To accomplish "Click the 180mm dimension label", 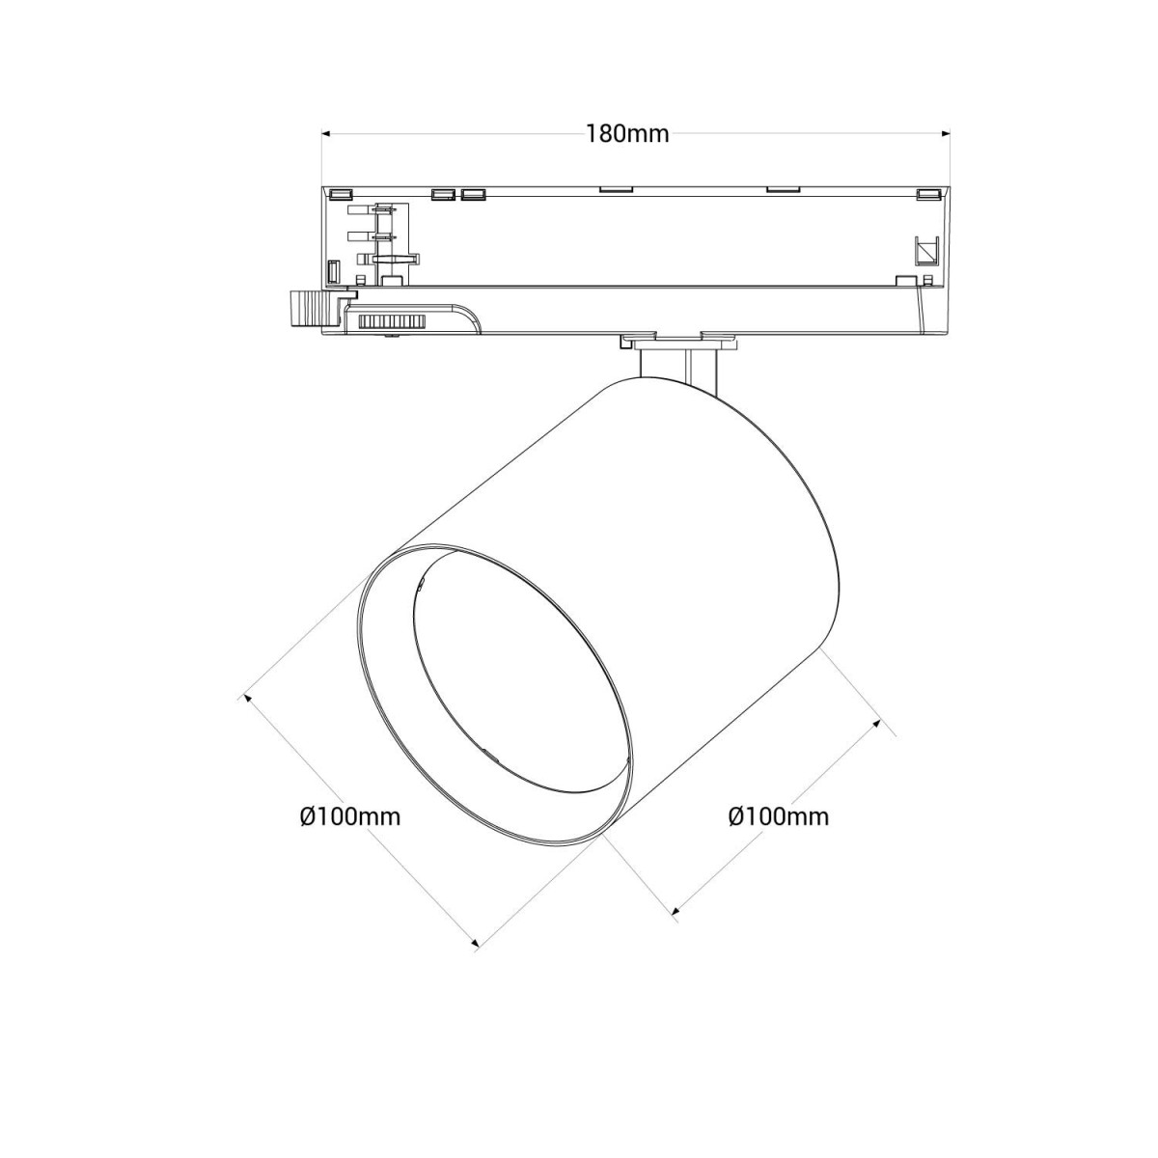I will [627, 134].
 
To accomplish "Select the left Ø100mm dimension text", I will [349, 817].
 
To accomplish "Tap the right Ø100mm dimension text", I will [778, 817].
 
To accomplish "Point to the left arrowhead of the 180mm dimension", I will [326, 134].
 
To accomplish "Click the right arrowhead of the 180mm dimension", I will [947, 134].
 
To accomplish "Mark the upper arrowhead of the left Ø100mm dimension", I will [249, 698].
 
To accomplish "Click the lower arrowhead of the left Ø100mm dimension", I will [474, 945].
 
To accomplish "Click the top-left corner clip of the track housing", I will [339, 193].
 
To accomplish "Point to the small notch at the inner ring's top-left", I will [422, 582].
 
